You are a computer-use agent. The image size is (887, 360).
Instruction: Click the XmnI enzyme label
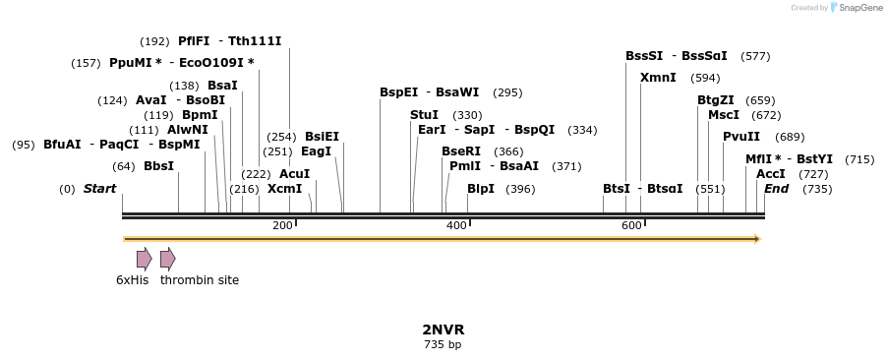click(x=658, y=78)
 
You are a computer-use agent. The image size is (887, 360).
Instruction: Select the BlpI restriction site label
click(x=481, y=189)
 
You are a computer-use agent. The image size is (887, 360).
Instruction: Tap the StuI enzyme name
click(x=424, y=115)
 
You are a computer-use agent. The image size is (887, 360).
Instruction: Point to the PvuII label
click(x=741, y=137)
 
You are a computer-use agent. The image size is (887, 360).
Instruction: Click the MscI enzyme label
click(x=724, y=115)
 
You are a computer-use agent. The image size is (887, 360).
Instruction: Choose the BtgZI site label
click(x=716, y=100)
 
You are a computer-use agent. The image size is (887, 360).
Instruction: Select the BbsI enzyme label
click(x=158, y=166)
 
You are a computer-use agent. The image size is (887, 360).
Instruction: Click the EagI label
click(x=316, y=151)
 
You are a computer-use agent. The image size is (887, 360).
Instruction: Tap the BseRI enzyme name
click(x=461, y=151)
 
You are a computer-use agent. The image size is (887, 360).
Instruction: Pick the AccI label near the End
click(x=771, y=174)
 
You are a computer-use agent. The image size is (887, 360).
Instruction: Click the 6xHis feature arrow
click(x=145, y=259)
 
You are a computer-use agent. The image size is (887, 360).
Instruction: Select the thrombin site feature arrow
click(x=168, y=259)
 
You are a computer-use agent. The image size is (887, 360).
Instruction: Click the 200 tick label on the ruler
click(x=282, y=226)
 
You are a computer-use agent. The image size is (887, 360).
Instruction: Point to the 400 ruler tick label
click(x=456, y=226)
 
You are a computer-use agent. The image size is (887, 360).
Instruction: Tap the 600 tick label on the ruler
click(x=631, y=226)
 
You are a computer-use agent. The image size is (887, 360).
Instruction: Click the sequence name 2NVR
click(x=443, y=330)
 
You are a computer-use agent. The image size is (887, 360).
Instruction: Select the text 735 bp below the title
click(x=443, y=344)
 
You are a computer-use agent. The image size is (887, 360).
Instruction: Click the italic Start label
click(x=99, y=189)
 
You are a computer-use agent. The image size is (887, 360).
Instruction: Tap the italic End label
click(x=777, y=189)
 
